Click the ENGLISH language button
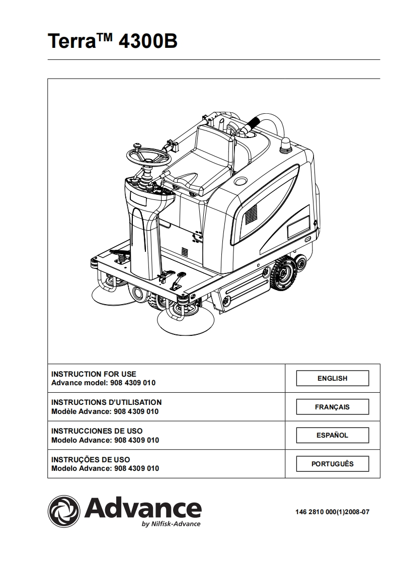(x=332, y=378)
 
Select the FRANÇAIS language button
(x=332, y=407)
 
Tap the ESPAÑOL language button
(x=332, y=435)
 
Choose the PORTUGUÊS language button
(x=332, y=464)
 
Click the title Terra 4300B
(x=112, y=41)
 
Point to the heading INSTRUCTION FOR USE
(x=94, y=374)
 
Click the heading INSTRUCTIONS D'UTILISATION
(x=107, y=402)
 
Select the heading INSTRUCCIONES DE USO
(x=97, y=431)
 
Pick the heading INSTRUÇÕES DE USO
(x=91, y=459)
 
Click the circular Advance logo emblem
(x=64, y=511)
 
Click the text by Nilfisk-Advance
(x=171, y=524)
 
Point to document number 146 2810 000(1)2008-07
(x=332, y=512)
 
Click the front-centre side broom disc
(x=181, y=320)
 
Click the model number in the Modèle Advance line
(x=135, y=411)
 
